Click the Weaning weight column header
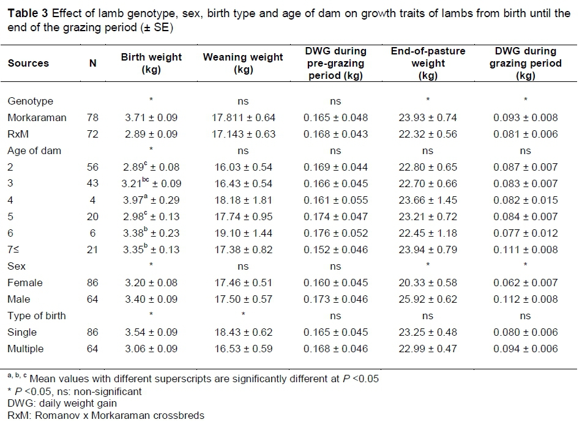pos(243,63)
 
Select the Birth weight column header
pos(151,63)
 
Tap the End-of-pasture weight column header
pos(427,63)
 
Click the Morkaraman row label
pos(36,117)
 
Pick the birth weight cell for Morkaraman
pos(151,117)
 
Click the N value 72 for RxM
pos(93,134)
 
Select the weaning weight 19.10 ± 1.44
pos(243,233)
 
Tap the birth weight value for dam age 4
pos(151,200)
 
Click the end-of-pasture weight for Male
pos(427,299)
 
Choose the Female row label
pos(25,283)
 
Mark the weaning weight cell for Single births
pos(243,332)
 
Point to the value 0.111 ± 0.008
pos(526,249)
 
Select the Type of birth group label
pos(37,316)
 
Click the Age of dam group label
pos(34,150)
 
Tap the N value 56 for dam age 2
pos(93,167)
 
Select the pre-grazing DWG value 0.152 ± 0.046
pos(335,249)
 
